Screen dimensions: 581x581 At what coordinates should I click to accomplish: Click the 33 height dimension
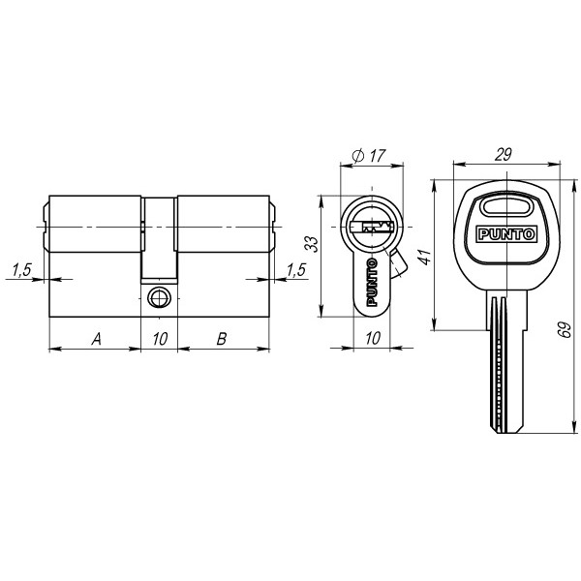[x=310, y=244]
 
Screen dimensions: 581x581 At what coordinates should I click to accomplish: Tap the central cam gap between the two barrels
[x=159, y=237]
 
